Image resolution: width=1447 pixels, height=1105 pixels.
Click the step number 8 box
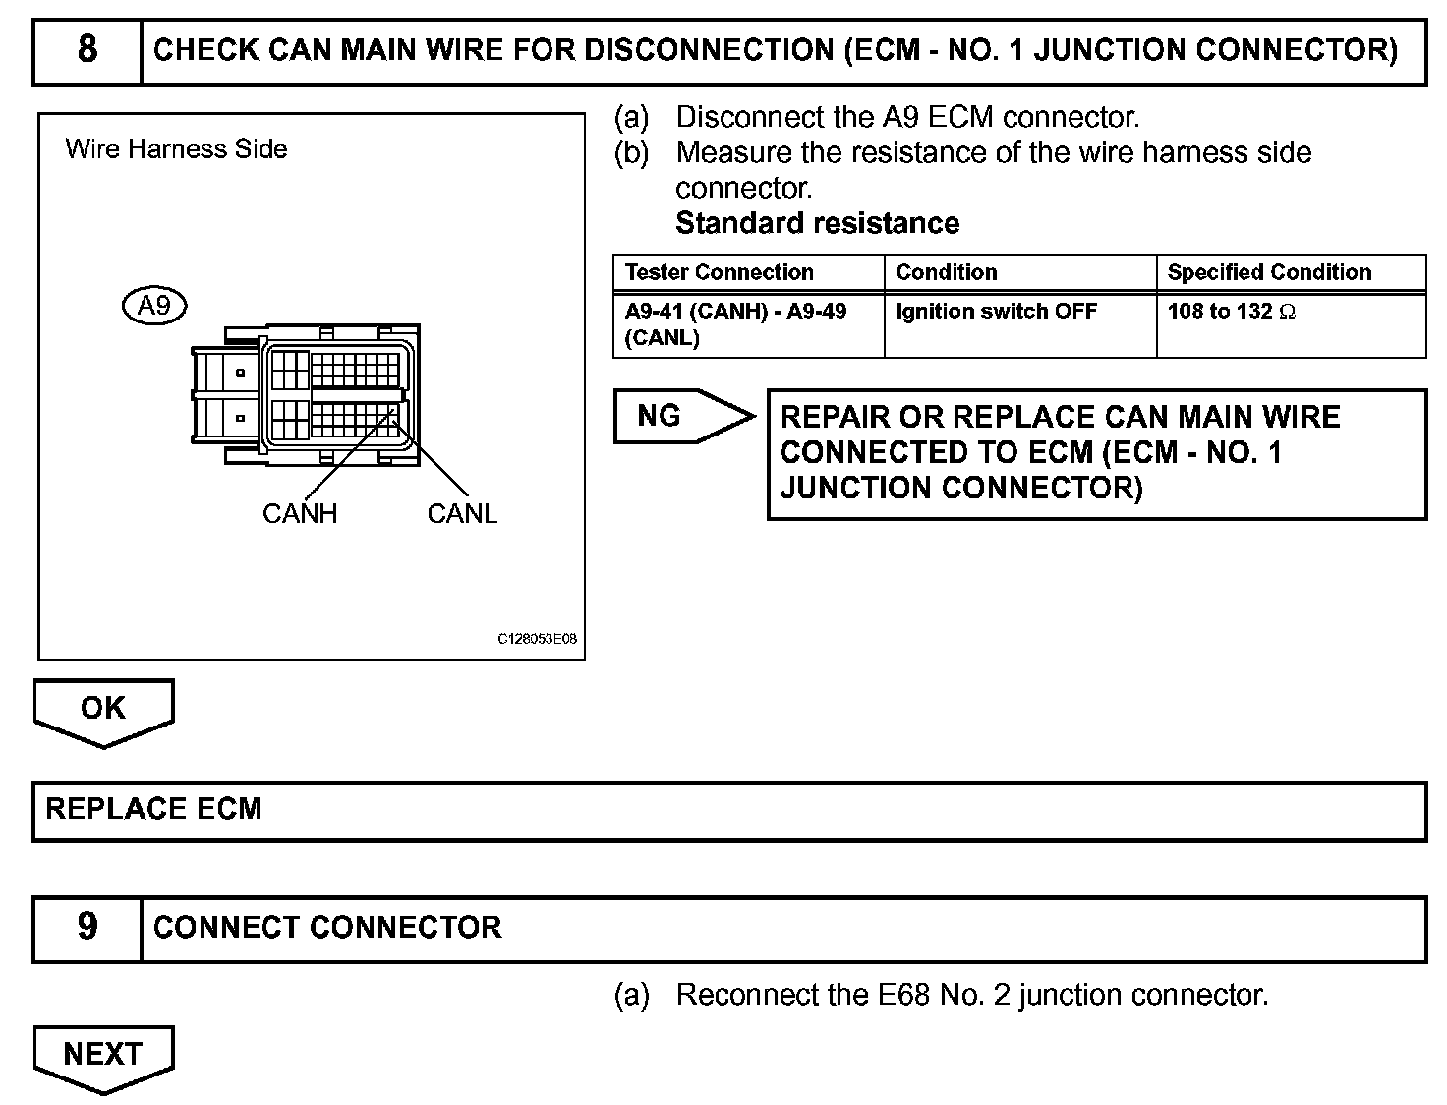[x=87, y=49]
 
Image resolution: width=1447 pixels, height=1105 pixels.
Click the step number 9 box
[x=87, y=927]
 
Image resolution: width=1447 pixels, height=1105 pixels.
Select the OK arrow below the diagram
[x=103, y=710]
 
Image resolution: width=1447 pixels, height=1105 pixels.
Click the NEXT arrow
[x=103, y=1056]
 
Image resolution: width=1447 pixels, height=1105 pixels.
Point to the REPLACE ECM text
[x=154, y=809]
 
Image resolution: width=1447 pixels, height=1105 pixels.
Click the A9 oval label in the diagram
[x=154, y=306]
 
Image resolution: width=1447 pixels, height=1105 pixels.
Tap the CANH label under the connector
[x=300, y=513]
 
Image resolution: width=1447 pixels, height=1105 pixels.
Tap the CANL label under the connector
[x=462, y=513]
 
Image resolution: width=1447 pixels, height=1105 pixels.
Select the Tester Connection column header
[x=720, y=272]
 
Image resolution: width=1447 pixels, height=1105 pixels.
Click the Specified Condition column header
[x=1269, y=272]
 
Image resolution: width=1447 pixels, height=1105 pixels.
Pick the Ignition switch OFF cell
[x=996, y=312]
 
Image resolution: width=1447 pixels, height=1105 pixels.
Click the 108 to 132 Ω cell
[x=1231, y=312]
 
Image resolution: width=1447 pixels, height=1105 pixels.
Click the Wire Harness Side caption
[x=176, y=149]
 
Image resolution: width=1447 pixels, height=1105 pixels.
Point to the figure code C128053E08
[x=537, y=639]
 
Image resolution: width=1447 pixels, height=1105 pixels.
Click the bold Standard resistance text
[x=817, y=223]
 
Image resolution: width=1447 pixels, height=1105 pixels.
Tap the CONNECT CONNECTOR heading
[x=327, y=927]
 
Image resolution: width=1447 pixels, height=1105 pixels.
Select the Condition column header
[x=947, y=272]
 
